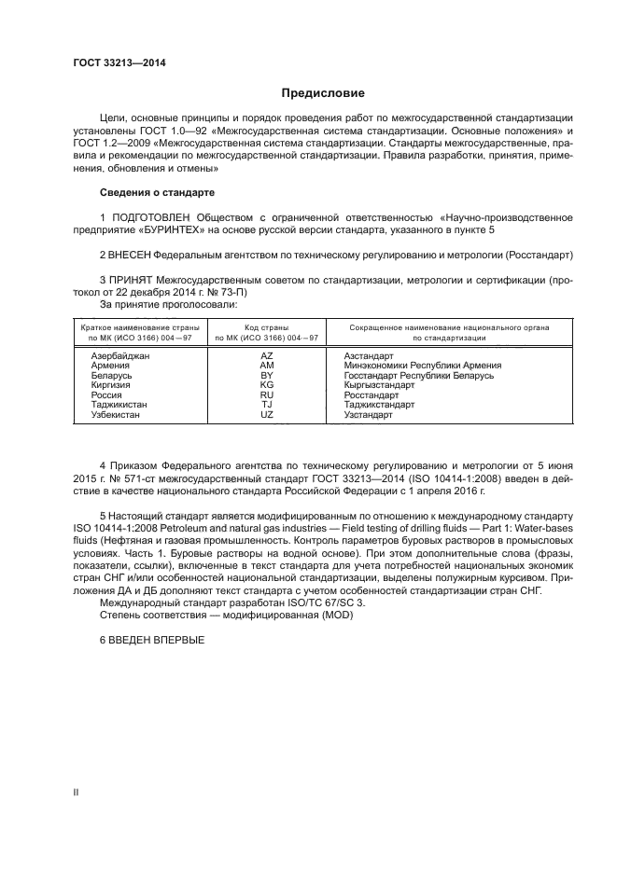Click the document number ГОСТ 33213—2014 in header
point(119,63)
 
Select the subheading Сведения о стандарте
point(157,192)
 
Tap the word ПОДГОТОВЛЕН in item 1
point(151,217)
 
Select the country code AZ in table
point(267,356)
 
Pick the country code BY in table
point(267,376)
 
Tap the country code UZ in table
point(267,414)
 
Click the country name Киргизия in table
point(110,385)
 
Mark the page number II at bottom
point(76,792)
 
